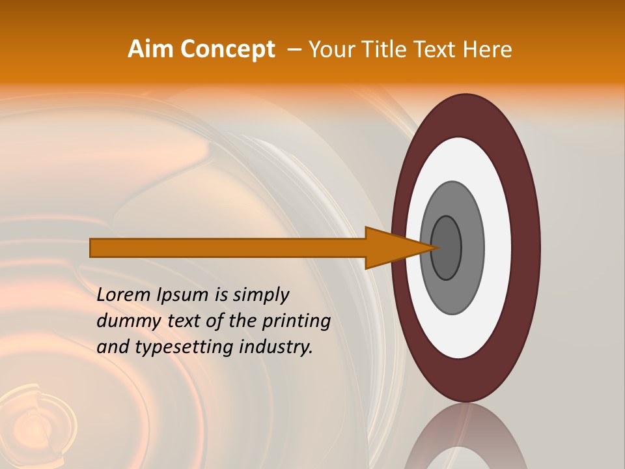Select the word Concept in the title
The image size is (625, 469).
pyautogui.click(x=227, y=50)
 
